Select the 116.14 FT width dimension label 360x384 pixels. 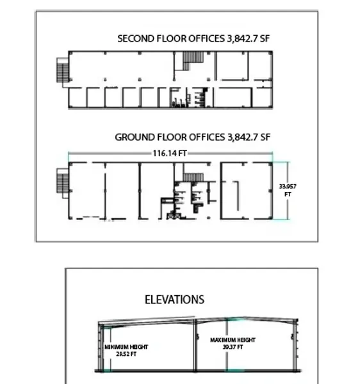coord(170,154)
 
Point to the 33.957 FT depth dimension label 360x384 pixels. coord(288,190)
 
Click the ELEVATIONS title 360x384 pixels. coord(174,300)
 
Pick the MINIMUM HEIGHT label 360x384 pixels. coord(126,347)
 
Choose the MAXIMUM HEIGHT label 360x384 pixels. coord(233,340)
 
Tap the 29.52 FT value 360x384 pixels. coord(126,354)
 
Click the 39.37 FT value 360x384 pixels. coord(233,347)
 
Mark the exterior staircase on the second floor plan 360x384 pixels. coord(63,70)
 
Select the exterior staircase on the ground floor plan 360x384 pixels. coord(63,181)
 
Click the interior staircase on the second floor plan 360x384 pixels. coord(193,60)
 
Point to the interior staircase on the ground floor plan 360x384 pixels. coord(193,177)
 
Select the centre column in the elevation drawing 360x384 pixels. coord(195,346)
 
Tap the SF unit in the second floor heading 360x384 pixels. coord(265,38)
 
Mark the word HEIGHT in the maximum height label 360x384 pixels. coord(245,340)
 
